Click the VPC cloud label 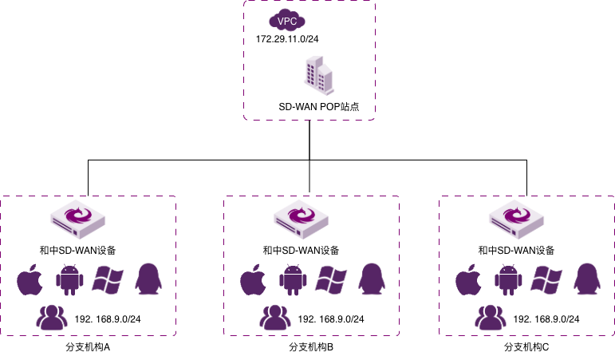point(287,21)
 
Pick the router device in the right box point(516,219)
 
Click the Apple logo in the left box point(30,280)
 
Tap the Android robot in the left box point(69,280)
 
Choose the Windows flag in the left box point(108,279)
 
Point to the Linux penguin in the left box point(148,279)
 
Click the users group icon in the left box point(52,318)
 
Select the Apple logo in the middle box point(253,280)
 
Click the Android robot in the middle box point(293,280)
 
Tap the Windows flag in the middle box point(331,279)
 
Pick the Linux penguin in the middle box point(371,279)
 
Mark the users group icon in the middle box point(275,318)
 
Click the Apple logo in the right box point(468,280)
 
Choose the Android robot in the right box point(508,280)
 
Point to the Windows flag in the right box point(546,279)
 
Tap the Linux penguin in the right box point(586,279)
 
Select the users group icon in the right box point(491,318)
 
